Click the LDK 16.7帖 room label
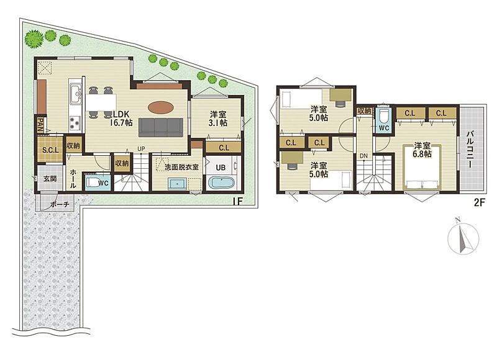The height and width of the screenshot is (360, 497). click(x=121, y=119)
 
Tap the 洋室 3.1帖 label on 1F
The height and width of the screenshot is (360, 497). click(x=219, y=119)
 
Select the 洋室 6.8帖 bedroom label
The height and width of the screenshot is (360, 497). click(x=422, y=150)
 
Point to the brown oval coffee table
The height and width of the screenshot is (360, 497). click(x=160, y=107)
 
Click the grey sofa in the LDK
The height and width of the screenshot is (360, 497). click(x=161, y=127)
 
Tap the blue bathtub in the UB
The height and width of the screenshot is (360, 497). click(x=221, y=183)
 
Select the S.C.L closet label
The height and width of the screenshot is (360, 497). click(x=51, y=150)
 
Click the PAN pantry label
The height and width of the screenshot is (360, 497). click(x=40, y=124)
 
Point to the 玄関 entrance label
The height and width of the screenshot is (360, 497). click(x=50, y=179)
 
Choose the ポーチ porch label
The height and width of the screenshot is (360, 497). click(x=60, y=205)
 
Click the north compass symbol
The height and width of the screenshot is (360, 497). click(x=463, y=236)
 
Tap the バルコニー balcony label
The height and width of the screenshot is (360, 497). click(x=470, y=150)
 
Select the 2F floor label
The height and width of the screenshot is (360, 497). click(x=480, y=202)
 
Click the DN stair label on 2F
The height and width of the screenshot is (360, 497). click(x=363, y=156)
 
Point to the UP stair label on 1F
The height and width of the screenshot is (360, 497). click(x=141, y=148)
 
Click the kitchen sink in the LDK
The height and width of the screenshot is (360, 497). click(x=76, y=94)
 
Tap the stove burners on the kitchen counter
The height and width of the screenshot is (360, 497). click(x=75, y=122)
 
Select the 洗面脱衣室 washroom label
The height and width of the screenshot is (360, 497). click(x=181, y=167)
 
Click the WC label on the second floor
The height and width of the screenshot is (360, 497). click(x=384, y=128)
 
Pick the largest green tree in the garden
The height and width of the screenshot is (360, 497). click(x=34, y=39)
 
